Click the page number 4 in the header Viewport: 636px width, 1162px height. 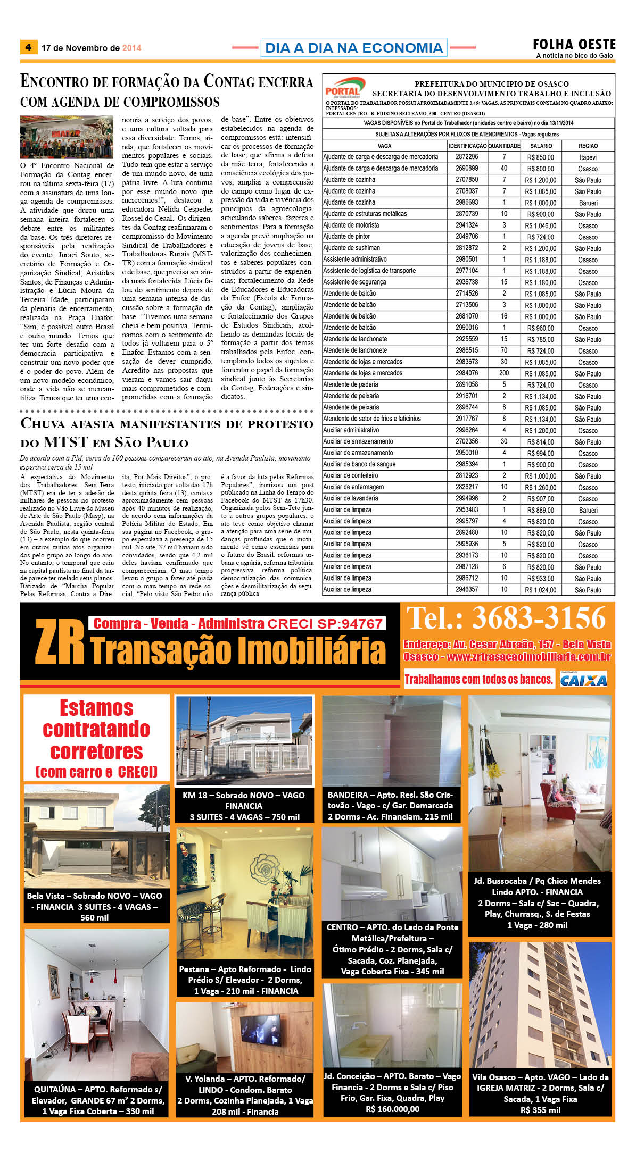coord(28,47)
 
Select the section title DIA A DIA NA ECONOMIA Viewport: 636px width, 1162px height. coord(353,48)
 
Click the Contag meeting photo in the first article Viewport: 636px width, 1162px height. coord(67,137)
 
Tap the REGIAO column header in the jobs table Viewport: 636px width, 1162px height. coord(588,146)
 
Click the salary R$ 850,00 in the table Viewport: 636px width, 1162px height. coord(540,157)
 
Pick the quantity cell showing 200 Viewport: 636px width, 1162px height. coord(503,373)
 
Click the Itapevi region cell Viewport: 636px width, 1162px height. coord(588,157)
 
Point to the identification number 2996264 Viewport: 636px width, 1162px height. coord(467,430)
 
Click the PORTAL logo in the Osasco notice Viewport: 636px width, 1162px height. coord(344,88)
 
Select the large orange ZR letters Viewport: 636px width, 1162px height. coord(60,642)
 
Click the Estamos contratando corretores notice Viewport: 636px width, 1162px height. coord(96,737)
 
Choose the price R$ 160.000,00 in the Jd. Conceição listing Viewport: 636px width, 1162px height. coord(392,1109)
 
